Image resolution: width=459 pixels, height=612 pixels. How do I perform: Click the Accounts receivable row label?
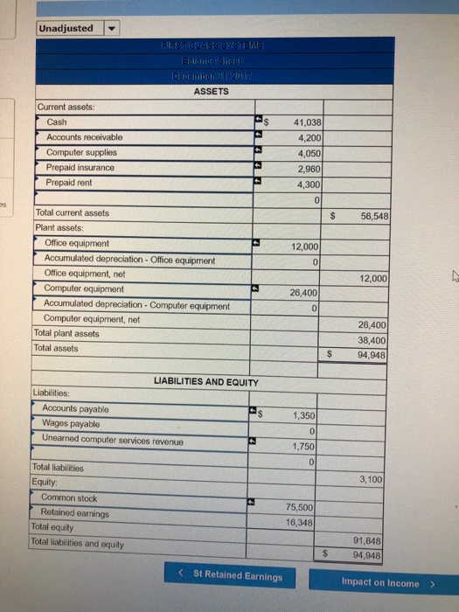coord(84,137)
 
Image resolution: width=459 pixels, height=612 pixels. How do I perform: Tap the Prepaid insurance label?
coord(80,167)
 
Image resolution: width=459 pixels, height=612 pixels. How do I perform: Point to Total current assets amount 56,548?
coord(372,216)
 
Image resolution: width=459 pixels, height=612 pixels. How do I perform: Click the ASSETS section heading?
coord(211,90)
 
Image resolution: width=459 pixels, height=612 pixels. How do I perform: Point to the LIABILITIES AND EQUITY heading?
coord(206,382)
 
